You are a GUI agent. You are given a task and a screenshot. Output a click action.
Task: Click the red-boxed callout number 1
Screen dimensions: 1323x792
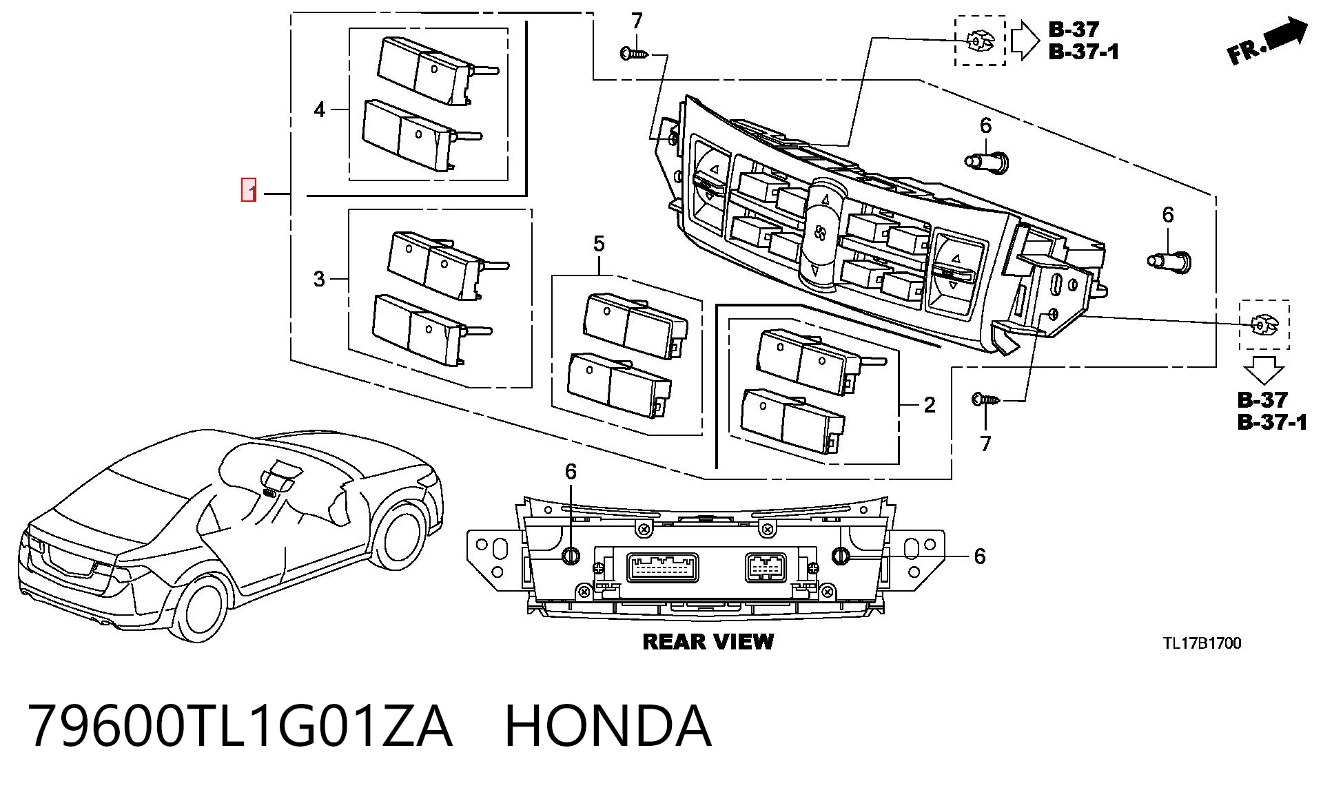[249, 190]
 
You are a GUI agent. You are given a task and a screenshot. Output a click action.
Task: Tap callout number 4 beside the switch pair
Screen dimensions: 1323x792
[319, 110]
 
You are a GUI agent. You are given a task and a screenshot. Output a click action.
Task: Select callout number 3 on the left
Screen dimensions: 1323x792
[319, 279]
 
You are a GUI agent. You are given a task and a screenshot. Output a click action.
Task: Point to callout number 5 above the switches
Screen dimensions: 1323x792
[598, 244]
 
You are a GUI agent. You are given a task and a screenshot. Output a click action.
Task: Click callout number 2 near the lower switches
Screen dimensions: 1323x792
[929, 405]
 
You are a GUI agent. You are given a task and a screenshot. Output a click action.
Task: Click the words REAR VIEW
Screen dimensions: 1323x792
[708, 642]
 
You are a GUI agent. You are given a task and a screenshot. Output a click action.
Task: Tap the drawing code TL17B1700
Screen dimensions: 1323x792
[1202, 643]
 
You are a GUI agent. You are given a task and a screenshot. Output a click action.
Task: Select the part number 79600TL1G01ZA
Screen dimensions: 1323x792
[240, 727]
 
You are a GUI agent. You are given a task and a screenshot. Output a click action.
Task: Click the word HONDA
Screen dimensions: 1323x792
[608, 727]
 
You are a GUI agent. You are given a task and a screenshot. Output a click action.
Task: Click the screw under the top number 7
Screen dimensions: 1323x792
[635, 53]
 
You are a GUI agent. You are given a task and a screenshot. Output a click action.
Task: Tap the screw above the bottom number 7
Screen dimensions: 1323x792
[986, 399]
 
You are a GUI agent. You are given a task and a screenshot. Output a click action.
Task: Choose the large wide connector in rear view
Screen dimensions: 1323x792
[661, 568]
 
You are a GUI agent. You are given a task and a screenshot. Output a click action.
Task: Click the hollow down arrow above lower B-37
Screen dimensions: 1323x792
[1264, 371]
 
